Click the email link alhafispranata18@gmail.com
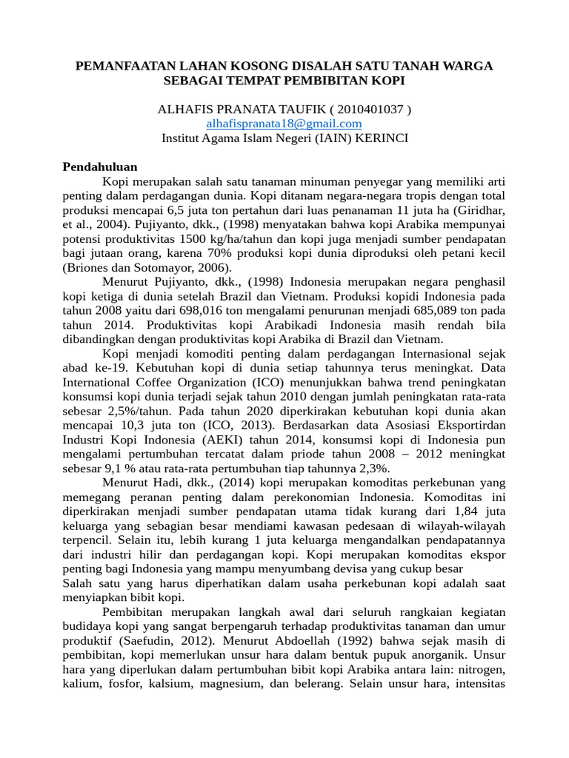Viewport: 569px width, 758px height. point(284,124)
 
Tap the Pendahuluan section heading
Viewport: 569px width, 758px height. point(100,167)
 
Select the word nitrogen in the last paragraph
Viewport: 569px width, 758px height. point(479,669)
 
